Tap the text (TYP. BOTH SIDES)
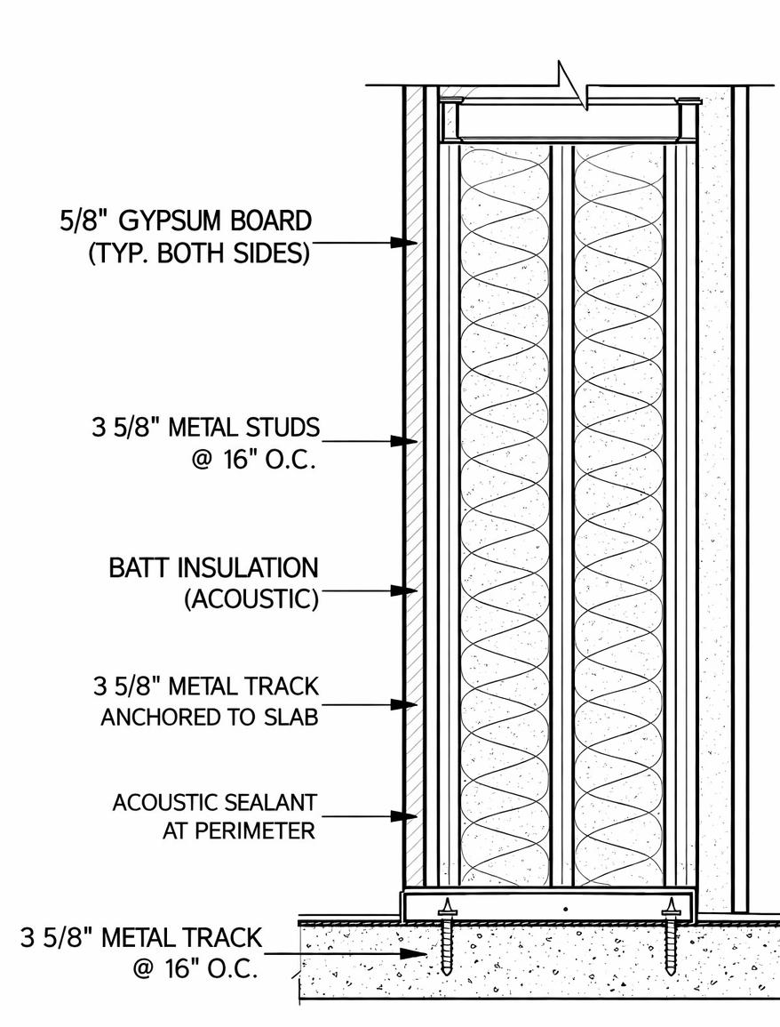(x=199, y=253)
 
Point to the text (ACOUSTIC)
(x=251, y=599)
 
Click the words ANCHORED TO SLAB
(x=209, y=718)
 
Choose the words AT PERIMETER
(x=239, y=831)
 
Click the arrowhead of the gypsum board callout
(x=407, y=241)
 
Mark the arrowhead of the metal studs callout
(x=407, y=440)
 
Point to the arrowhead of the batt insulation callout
(x=407, y=590)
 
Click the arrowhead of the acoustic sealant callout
(x=407, y=815)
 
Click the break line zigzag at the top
(x=572, y=85)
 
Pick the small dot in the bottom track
(x=565, y=909)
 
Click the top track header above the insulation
(x=569, y=120)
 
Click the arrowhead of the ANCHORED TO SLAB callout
(x=407, y=704)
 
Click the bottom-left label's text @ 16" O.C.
(x=195, y=968)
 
